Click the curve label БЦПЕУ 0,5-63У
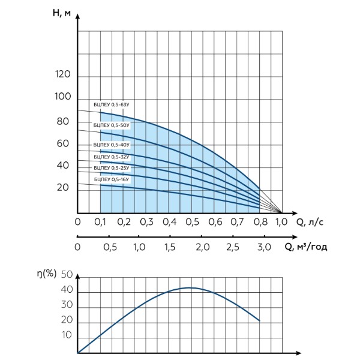coord(112,104)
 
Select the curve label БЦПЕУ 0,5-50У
coord(112,125)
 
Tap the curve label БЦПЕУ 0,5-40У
coord(112,145)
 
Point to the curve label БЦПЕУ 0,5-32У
coord(112,157)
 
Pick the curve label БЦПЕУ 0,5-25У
coord(112,168)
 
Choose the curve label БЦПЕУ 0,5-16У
coord(112,179)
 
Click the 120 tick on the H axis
coord(62,74)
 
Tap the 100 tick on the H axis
coord(62,97)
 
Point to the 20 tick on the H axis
coord(63,188)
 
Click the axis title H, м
coord(62,13)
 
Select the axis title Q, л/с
coord(310,222)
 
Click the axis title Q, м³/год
coord(306,247)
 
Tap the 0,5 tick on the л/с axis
coord(193,222)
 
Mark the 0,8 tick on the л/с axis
coord(261,222)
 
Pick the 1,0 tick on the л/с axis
coord(281,222)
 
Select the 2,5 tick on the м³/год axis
coord(233,247)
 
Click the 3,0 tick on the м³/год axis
coord(264,247)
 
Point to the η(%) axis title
coord(47,274)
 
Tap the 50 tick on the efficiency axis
coord(67,275)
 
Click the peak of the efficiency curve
coord(190,287)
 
